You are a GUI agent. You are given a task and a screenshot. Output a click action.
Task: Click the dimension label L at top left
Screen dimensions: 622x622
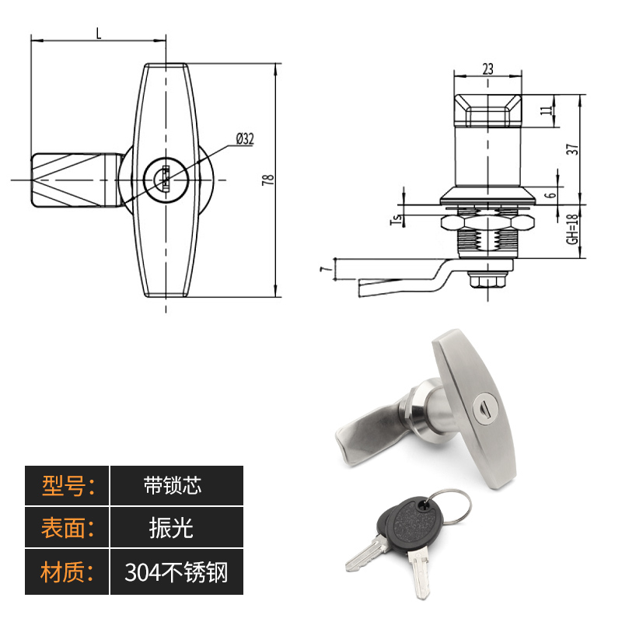tap(98, 33)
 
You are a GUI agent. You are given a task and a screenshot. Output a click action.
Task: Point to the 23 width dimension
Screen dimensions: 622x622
tap(487, 68)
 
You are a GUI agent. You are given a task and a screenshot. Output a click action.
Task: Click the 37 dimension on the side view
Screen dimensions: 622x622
tap(573, 149)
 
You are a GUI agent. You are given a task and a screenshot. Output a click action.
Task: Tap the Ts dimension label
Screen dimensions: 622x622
tap(394, 219)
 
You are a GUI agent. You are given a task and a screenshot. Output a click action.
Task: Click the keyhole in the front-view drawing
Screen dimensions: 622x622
tap(165, 178)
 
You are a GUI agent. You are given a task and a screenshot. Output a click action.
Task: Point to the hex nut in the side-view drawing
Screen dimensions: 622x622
tap(487, 224)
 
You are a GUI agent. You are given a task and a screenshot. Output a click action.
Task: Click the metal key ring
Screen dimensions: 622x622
tap(449, 507)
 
